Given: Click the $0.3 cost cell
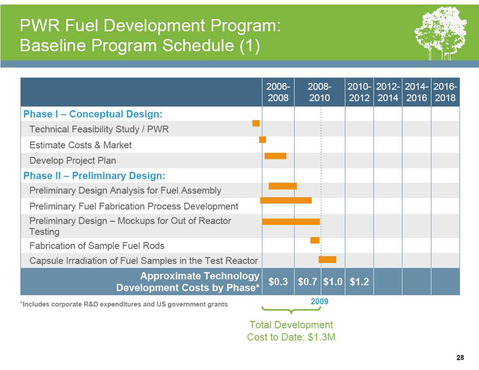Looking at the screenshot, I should pos(278,281).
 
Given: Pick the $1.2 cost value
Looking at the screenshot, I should pos(359,281).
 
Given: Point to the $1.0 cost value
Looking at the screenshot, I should pos(332,281).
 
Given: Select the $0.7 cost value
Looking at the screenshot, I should pos(308,281).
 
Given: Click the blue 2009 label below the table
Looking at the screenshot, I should pos(320,302).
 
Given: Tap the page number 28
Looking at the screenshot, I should pos(460,357).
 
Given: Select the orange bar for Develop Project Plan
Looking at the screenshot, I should pos(275,156).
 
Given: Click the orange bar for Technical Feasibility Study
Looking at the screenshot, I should pos(256,123).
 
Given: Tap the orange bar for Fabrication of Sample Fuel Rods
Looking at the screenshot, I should pos(314,240).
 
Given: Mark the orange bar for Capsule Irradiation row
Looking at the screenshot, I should pos(328,259).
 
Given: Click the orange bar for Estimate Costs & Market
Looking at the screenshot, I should pos(262,139).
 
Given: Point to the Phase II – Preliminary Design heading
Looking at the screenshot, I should pos(94,175).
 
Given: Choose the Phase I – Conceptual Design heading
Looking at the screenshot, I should pos(93,113).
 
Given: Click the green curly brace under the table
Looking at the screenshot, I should pos(291,310).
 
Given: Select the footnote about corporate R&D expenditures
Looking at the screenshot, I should pos(124,305).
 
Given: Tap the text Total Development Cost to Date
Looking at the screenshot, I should pos(291,330).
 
